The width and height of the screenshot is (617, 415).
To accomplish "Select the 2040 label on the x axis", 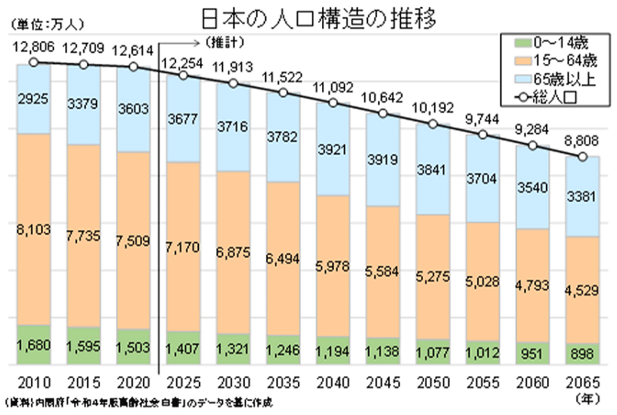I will (x=333, y=382).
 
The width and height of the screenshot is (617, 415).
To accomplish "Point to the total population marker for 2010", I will (x=34, y=63).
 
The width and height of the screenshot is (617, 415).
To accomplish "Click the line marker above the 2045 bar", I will (x=383, y=113).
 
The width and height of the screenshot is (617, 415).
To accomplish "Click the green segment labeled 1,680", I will (x=34, y=345).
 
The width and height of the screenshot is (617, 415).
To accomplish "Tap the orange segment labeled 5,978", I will (x=333, y=266).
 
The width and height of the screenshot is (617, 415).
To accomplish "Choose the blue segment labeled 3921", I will (x=333, y=149).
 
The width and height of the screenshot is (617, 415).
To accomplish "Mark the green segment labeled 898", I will (x=582, y=354).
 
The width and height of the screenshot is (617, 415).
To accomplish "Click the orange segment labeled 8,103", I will (x=34, y=230).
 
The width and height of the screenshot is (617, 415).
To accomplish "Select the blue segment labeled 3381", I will (x=582, y=197).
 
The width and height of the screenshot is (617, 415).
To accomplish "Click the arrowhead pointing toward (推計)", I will (x=198, y=42).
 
